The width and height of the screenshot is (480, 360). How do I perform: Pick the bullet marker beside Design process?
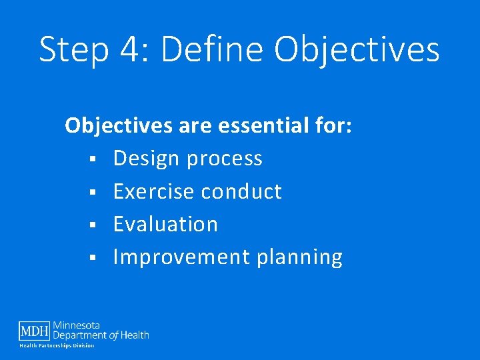coord(97,159)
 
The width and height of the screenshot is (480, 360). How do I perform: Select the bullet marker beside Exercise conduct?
coord(97,193)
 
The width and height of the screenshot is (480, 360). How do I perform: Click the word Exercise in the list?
coord(154,192)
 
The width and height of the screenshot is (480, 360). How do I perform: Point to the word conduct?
coord(241,192)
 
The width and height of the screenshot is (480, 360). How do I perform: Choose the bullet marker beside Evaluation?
coord(97,225)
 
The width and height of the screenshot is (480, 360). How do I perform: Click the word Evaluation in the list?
coord(165,225)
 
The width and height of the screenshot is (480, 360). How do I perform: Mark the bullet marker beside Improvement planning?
coord(97,258)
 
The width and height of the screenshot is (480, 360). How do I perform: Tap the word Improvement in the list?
coord(179,258)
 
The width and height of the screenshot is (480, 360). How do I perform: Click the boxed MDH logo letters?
coord(34,331)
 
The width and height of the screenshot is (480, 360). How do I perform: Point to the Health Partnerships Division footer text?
coord(57,345)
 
